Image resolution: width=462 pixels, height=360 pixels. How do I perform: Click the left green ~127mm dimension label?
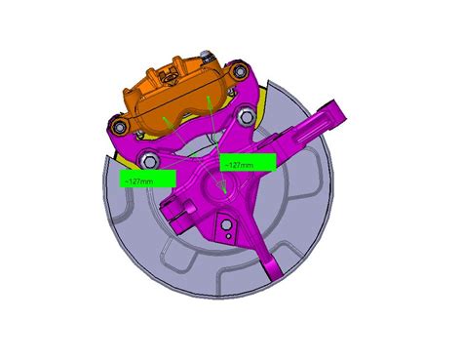click(x=145, y=180)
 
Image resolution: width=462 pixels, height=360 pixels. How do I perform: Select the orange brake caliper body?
click(x=175, y=98)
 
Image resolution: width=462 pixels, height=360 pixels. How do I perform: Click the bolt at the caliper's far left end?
click(x=119, y=127)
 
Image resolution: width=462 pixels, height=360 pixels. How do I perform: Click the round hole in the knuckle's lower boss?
click(x=226, y=234)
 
